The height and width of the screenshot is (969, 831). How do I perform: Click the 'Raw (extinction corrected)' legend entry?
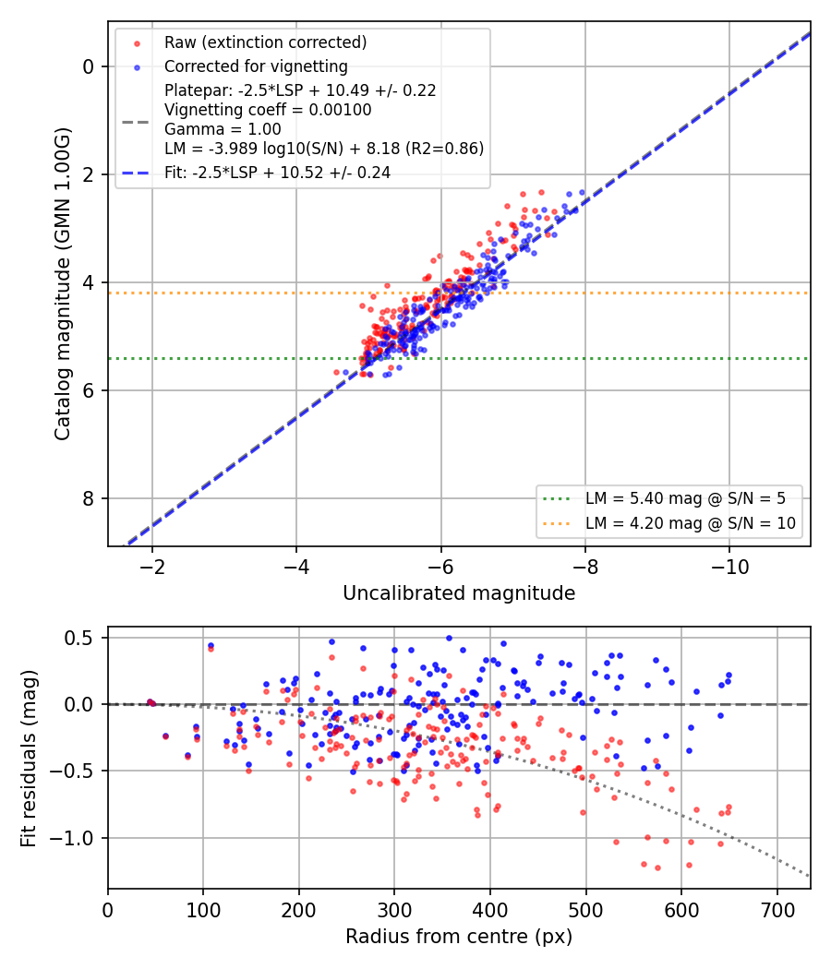(265, 42)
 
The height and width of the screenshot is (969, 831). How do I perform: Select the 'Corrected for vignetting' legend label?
(256, 66)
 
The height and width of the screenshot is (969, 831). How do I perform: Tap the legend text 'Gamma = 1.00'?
(223, 129)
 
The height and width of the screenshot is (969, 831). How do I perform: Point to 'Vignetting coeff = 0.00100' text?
(268, 110)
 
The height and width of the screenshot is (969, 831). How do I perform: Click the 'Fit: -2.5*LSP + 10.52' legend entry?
(277, 173)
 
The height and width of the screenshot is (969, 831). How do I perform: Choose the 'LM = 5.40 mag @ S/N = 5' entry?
(685, 498)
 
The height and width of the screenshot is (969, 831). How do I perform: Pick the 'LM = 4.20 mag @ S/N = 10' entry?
(690, 523)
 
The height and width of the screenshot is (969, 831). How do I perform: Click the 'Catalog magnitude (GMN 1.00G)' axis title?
(62, 284)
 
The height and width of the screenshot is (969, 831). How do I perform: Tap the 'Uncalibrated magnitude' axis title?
(459, 593)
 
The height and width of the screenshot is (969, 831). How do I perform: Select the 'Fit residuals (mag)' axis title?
(28, 759)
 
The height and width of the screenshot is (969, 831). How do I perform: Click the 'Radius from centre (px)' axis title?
(459, 937)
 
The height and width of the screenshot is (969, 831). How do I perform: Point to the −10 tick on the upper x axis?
(729, 567)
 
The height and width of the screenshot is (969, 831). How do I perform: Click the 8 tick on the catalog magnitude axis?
(89, 498)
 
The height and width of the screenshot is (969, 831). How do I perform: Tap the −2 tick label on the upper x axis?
(152, 567)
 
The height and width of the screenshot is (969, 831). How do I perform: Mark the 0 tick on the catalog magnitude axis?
(89, 66)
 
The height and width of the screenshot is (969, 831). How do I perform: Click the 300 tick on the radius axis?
(394, 910)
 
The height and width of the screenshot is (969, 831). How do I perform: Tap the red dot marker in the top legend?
(138, 43)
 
